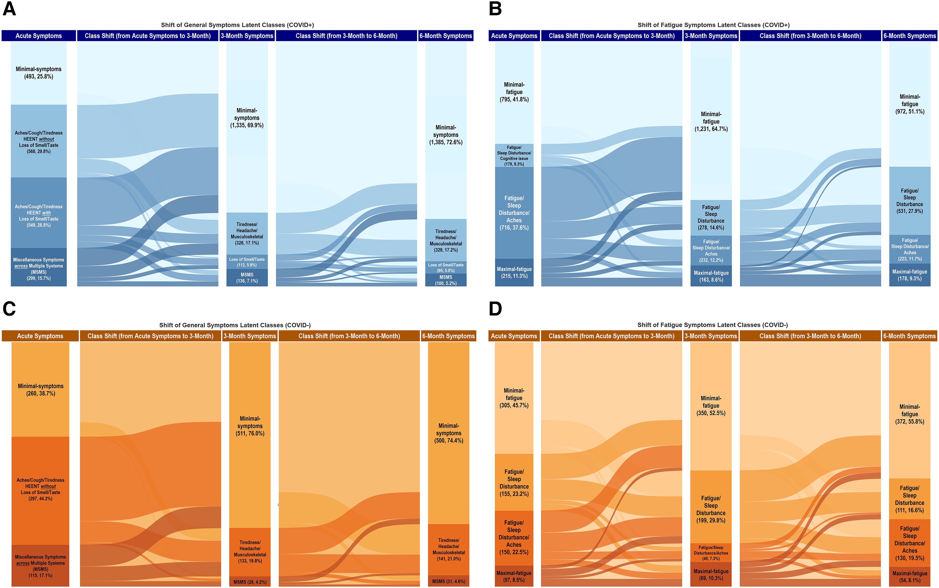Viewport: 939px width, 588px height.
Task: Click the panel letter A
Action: pyautogui.click(x=9, y=8)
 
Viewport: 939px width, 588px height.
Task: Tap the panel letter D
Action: pyautogui.click(x=495, y=309)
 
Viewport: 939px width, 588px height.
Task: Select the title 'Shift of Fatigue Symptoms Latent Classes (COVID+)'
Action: pyautogui.click(x=713, y=25)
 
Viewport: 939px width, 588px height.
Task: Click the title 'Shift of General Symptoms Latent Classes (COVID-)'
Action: pyautogui.click(x=235, y=325)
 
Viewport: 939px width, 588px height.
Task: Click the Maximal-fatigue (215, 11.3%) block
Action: pyautogui.click(x=514, y=273)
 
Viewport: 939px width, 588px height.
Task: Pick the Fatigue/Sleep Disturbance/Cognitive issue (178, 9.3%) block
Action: pyautogui.click(x=514, y=156)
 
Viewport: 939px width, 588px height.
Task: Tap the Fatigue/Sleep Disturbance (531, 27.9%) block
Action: pyautogui.click(x=909, y=201)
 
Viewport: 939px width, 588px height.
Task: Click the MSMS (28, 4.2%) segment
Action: pyautogui.click(x=250, y=582)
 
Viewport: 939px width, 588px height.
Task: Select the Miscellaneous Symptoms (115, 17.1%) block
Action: pyautogui.click(x=40, y=566)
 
